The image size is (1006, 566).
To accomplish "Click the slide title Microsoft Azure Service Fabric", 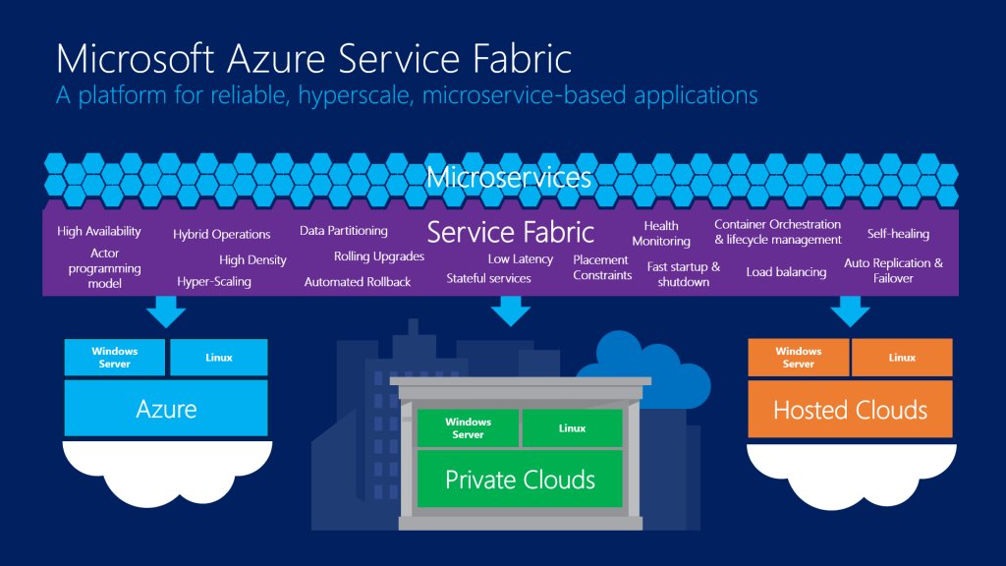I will [313, 58].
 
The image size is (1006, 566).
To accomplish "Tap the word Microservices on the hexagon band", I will [509, 178].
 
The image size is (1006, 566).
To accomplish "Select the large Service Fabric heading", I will [510, 232].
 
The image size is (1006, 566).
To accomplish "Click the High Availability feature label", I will [99, 232].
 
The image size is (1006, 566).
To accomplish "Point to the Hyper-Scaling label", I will [214, 282].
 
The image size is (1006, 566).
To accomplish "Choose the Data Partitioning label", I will [344, 231].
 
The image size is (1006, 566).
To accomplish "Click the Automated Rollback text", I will [358, 282].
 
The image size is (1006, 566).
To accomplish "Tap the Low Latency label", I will [521, 259].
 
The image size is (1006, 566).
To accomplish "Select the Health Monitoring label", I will [661, 234].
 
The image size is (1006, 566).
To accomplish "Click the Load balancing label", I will [786, 272].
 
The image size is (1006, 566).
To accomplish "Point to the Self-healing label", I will [898, 234].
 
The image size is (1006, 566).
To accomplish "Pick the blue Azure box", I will [166, 409].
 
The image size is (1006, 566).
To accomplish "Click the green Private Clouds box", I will [520, 480].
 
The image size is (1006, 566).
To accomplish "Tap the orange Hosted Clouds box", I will [850, 410].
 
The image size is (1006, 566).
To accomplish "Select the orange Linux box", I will [902, 358].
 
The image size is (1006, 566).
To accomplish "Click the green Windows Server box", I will [469, 428].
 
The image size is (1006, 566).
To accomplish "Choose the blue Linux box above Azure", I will [219, 358].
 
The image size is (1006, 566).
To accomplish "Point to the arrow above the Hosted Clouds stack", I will [850, 311].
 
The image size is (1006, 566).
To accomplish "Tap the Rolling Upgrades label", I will [379, 256].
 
